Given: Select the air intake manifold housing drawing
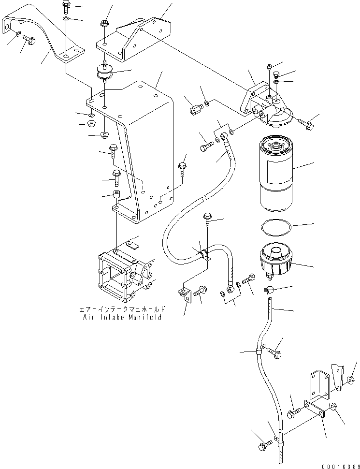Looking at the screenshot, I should pos(126,271).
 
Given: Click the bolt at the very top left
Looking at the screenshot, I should pos(66,6).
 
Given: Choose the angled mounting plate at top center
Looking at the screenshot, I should pos(135,41).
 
